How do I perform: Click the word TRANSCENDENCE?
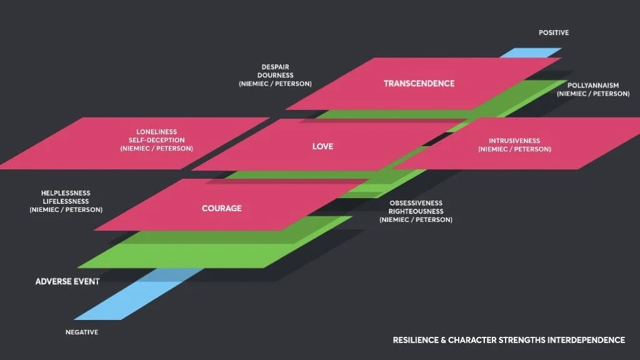[x=419, y=84]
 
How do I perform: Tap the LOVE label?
[x=322, y=146]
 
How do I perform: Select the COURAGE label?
[x=221, y=208]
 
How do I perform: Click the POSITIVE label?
[x=554, y=32]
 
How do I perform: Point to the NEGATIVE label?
[x=82, y=332]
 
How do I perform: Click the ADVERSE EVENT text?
[x=67, y=282]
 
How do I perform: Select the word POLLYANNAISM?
[x=593, y=85]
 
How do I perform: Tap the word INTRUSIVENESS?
[x=514, y=141]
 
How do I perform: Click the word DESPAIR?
[x=275, y=67]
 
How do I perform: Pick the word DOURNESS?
[x=275, y=76]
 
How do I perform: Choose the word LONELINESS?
[x=156, y=132]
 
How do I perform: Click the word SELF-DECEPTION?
[x=156, y=140]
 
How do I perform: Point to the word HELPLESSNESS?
[x=66, y=193]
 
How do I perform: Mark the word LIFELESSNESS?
[x=66, y=202]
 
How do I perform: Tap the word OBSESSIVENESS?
[x=416, y=203]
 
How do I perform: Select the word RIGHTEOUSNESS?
[x=416, y=211]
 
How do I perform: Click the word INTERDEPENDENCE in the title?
[x=586, y=340]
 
